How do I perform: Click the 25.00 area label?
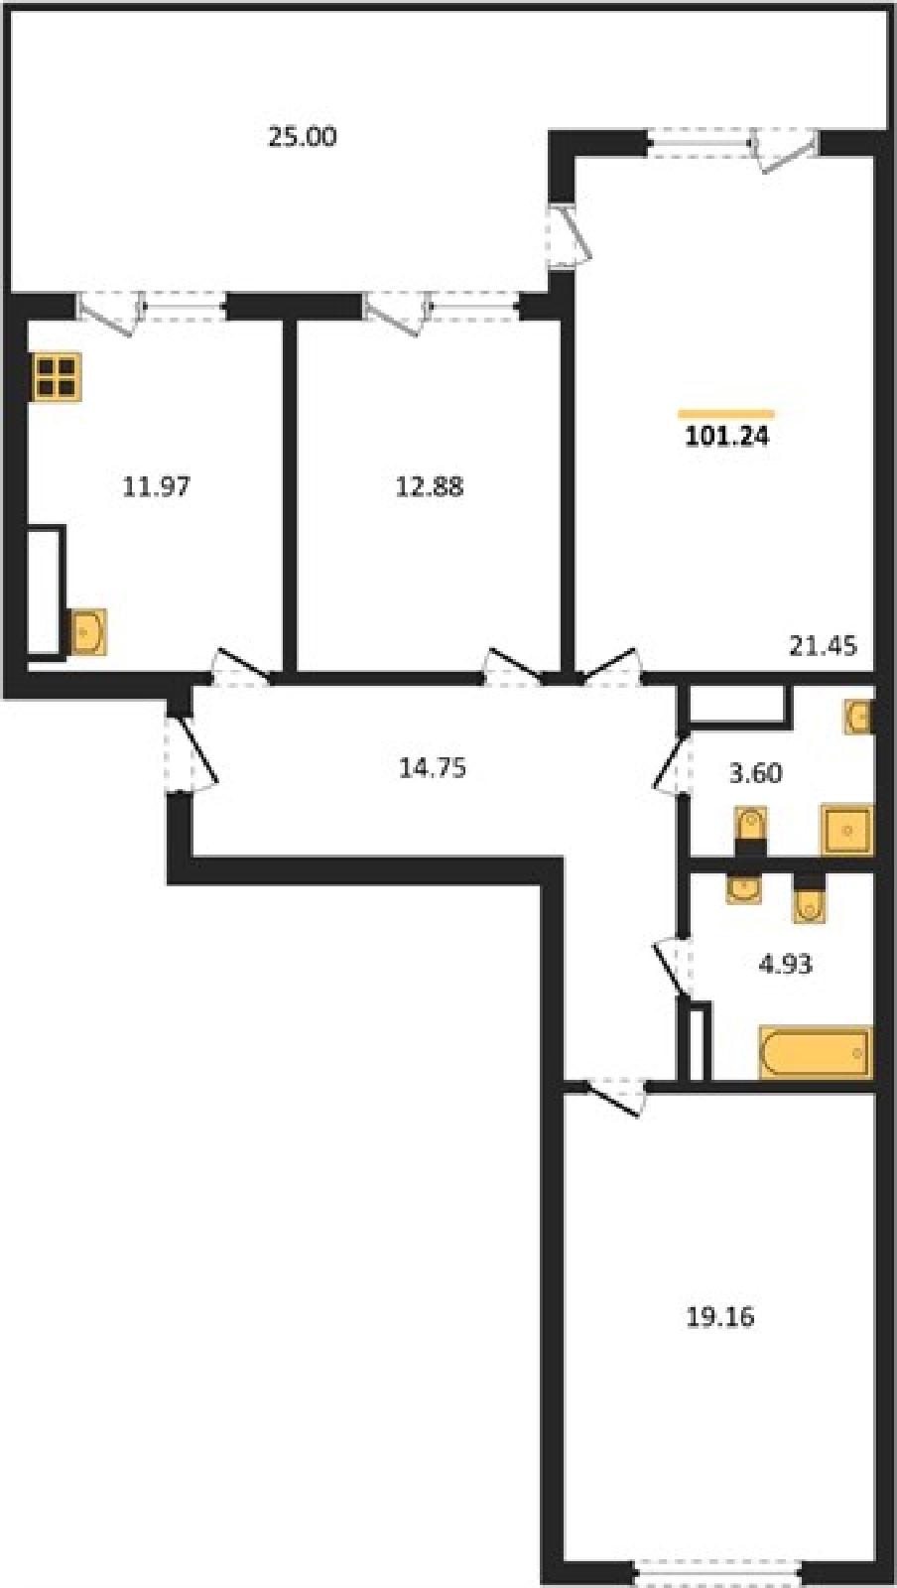(x=302, y=136)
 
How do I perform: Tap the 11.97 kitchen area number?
(x=157, y=487)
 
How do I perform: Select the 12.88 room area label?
(x=430, y=487)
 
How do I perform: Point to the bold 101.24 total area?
(x=727, y=437)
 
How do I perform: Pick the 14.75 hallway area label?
(x=433, y=768)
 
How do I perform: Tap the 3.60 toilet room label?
(x=756, y=773)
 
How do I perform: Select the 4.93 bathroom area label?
(x=785, y=964)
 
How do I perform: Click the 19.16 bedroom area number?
(x=720, y=1317)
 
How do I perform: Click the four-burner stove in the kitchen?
(x=57, y=376)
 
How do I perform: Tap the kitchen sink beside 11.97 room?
(x=88, y=631)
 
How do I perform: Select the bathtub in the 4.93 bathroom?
(x=815, y=1053)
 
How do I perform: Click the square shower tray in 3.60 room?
(x=846, y=829)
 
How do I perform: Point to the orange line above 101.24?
(x=726, y=413)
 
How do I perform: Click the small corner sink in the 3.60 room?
(x=858, y=718)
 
